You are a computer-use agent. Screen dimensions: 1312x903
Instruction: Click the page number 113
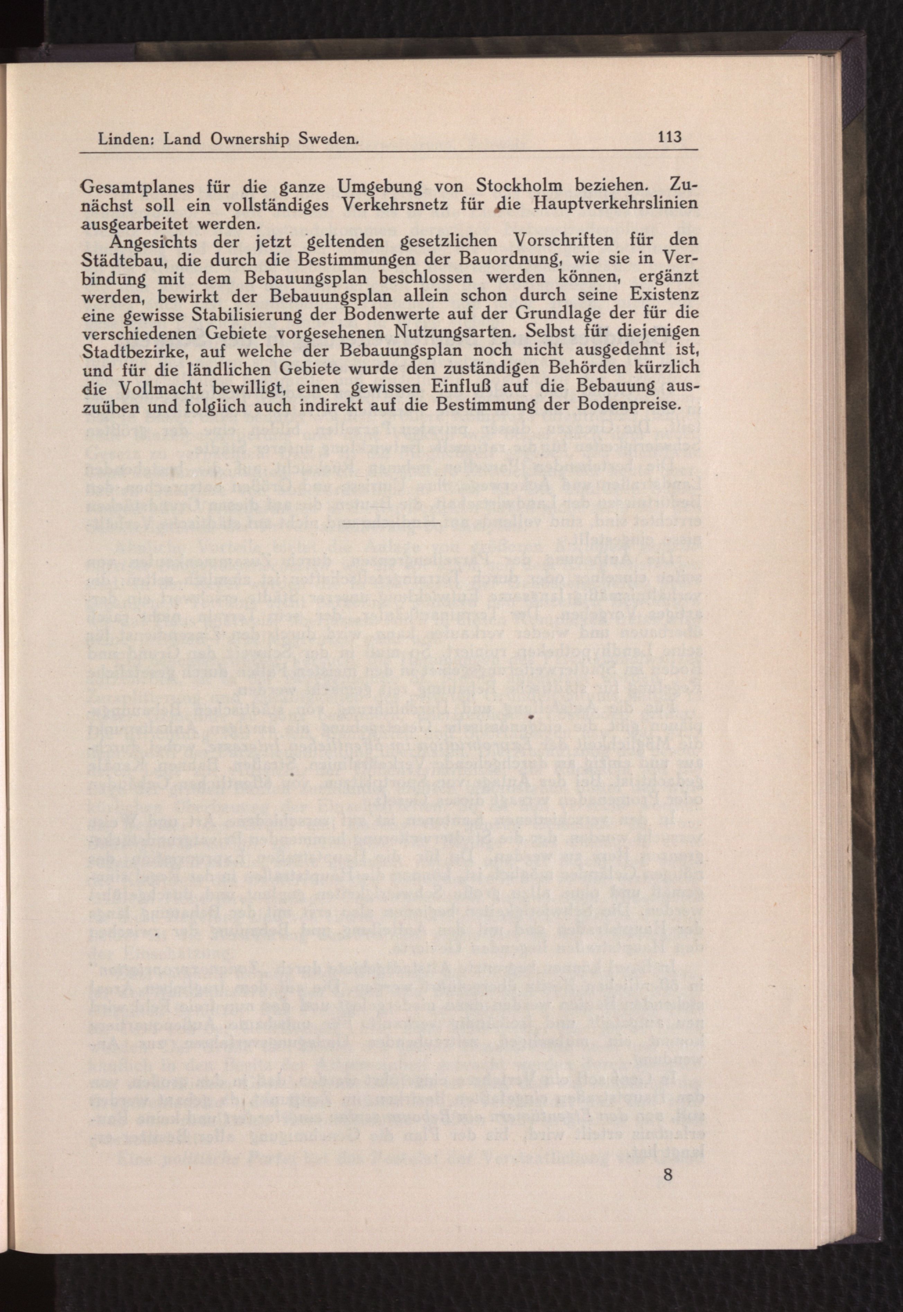[x=669, y=136]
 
